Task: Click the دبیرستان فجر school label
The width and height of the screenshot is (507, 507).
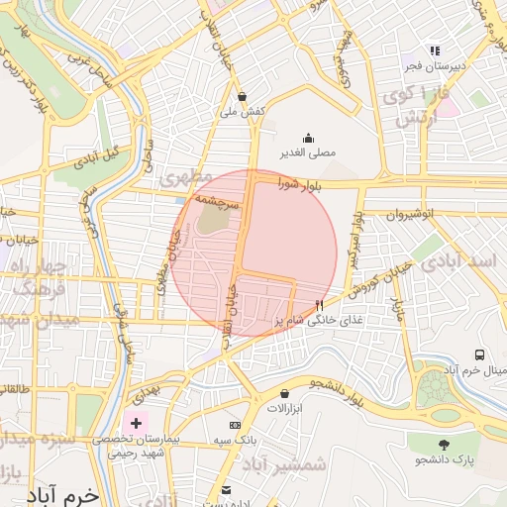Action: click(x=433, y=65)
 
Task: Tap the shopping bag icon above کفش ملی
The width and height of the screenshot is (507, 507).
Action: click(x=243, y=96)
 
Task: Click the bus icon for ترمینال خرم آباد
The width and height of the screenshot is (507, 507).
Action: click(x=480, y=355)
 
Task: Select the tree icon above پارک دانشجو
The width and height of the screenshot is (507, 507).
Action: click(x=443, y=445)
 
